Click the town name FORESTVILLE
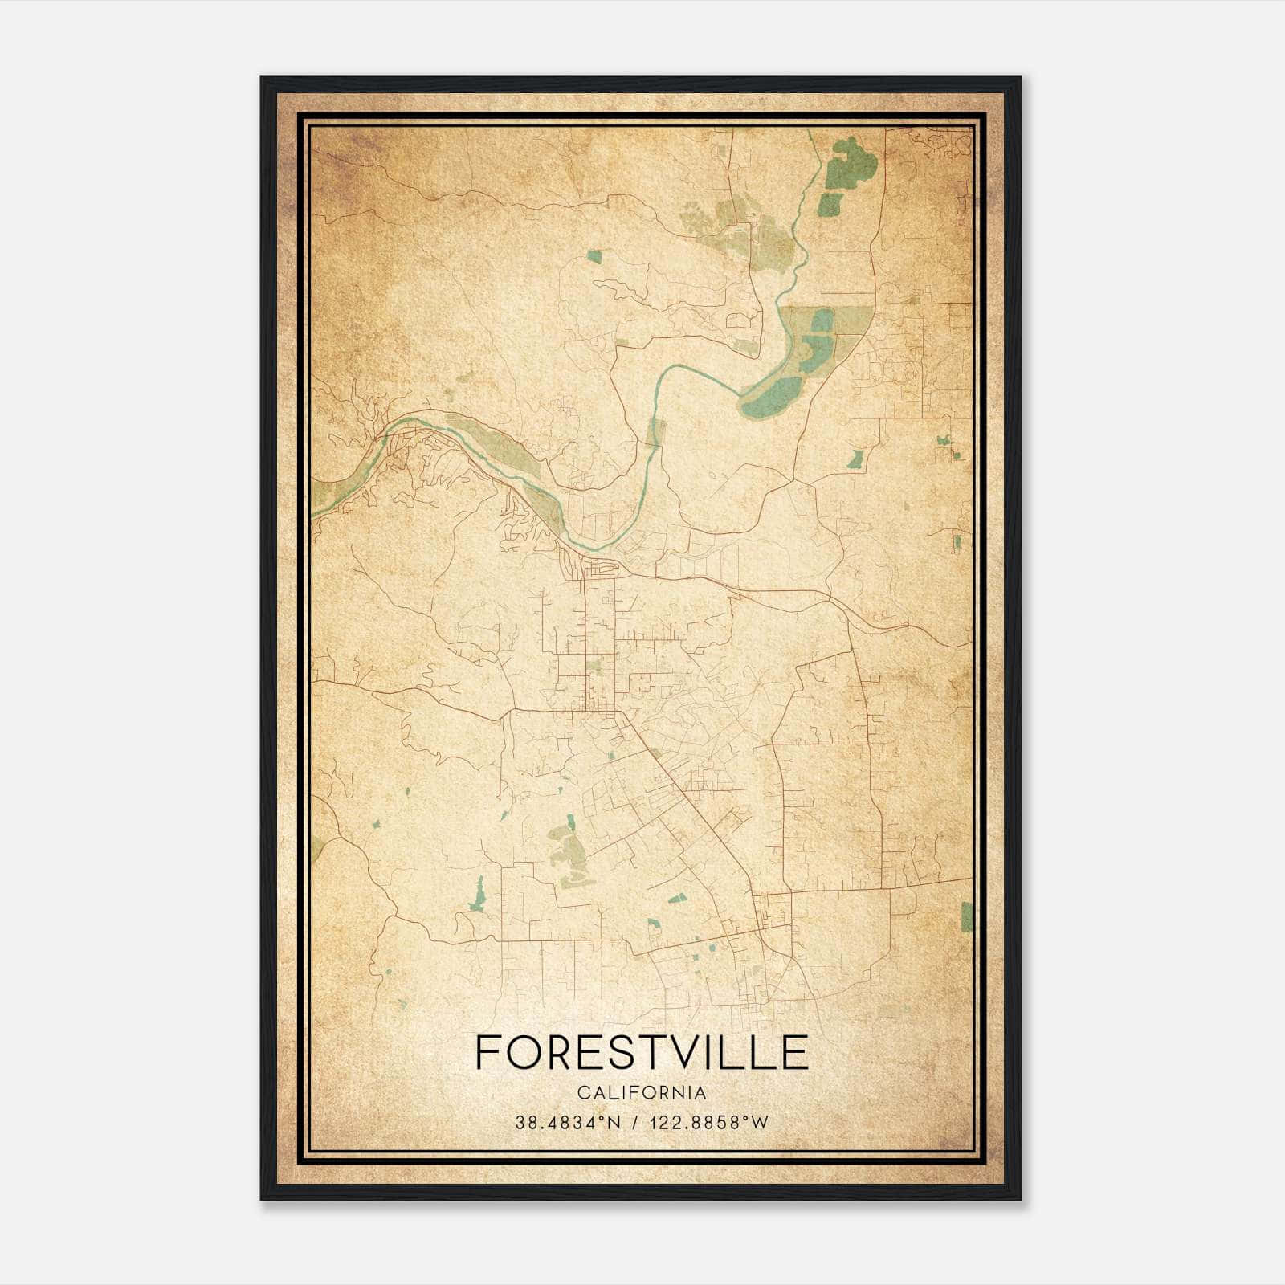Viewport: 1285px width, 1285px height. [642, 1052]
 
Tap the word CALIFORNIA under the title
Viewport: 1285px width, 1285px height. [642, 1093]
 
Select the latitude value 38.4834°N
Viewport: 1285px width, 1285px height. [568, 1123]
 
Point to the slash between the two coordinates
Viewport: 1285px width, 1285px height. [635, 1123]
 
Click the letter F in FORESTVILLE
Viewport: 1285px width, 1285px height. [487, 1052]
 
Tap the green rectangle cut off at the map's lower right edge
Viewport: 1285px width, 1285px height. [966, 916]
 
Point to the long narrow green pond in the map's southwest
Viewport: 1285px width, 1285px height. [479, 892]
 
